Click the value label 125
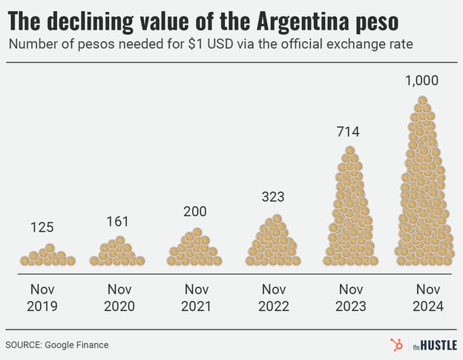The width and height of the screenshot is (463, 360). [x=42, y=228]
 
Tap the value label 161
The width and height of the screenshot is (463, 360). [x=116, y=220]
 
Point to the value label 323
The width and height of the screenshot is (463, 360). [x=273, y=197]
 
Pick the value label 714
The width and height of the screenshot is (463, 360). [x=347, y=132]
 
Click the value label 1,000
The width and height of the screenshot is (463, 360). [x=421, y=81]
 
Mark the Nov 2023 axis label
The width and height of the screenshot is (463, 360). [x=350, y=298]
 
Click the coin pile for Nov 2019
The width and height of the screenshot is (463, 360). [x=47, y=256]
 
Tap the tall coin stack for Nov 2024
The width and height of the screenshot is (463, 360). [x=422, y=186]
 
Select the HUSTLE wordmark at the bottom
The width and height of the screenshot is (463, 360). [x=438, y=345]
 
